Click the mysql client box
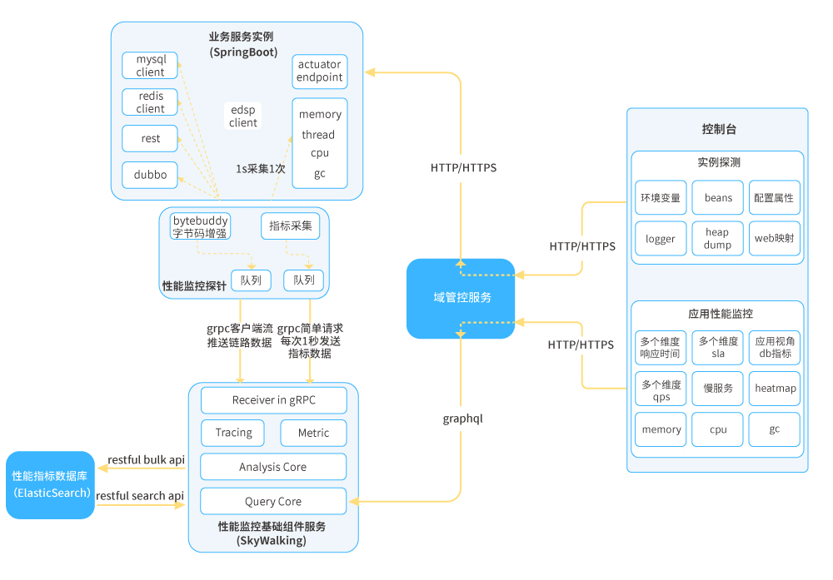151,66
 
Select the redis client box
151,102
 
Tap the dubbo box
151,175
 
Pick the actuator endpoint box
320,72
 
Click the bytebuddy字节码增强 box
200,226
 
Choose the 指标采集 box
291,226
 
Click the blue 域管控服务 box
461,298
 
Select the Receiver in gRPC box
273,400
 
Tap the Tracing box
233,433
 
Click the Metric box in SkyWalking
313,433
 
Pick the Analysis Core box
273,467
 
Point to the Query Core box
273,502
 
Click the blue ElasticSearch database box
51,485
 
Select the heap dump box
718,239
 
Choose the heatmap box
775,389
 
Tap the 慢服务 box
718,389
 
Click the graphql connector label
462,419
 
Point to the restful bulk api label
147,460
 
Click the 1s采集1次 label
261,168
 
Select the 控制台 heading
719,130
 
